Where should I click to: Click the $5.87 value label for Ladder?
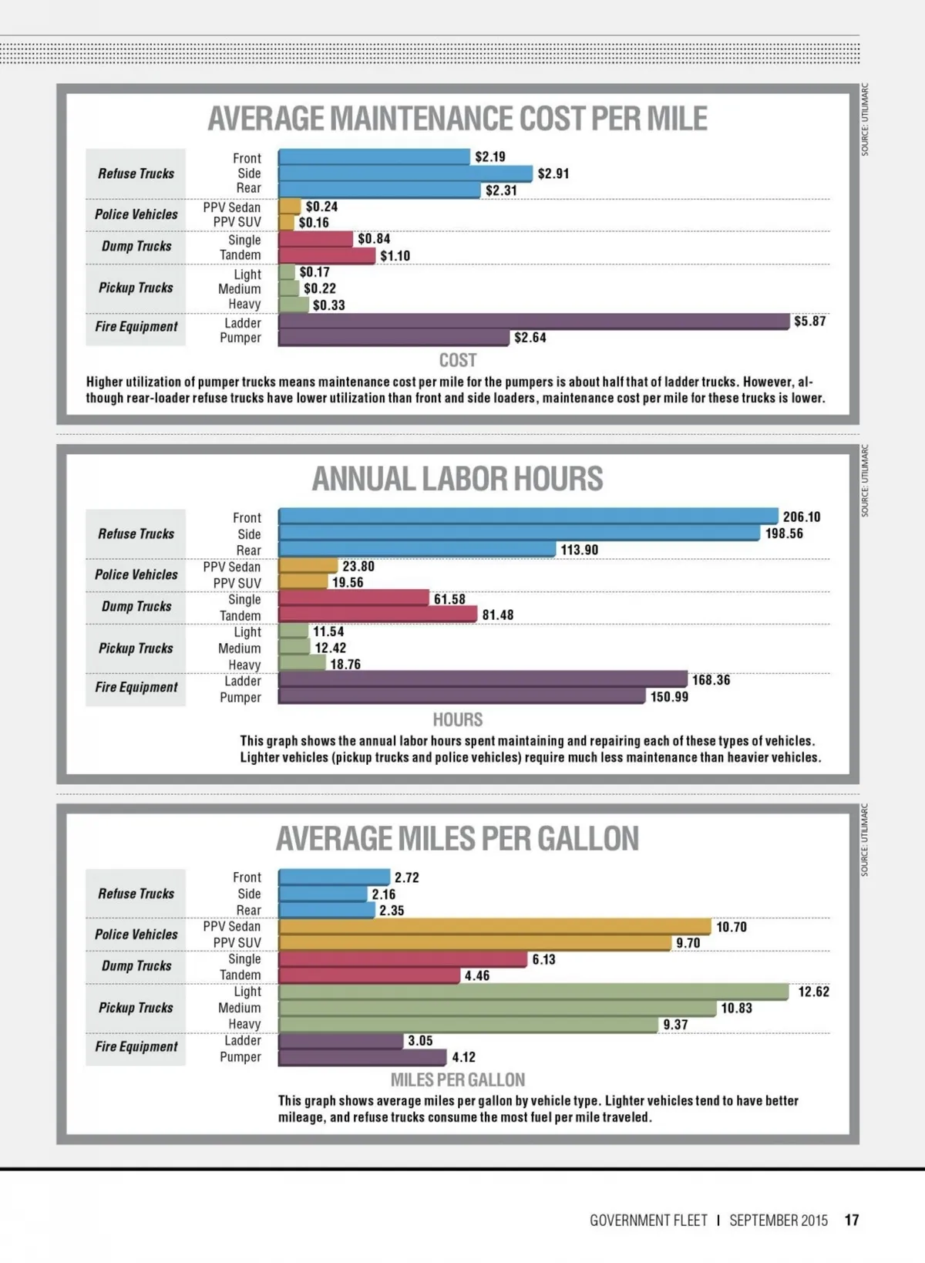coord(809,322)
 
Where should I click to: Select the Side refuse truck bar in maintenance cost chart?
coord(405,173)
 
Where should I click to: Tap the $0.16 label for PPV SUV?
coord(314,223)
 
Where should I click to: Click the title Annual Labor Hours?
coord(457,479)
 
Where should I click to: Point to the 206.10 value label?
coord(802,517)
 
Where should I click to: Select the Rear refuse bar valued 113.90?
coord(416,550)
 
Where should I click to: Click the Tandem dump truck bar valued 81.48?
coord(378,615)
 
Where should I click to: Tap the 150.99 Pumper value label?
coord(669,697)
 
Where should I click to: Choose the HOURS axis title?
coord(457,720)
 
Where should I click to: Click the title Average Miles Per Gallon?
coord(457,839)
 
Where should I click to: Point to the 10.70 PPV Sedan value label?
coord(731,927)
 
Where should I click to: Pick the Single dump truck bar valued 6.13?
coord(402,959)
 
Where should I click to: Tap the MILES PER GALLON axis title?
coord(457,1079)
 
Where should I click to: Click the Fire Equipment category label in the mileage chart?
coord(136,1047)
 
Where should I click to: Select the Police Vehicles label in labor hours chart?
coord(136,574)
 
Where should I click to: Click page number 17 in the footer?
coord(851,1221)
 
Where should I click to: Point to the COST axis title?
coord(457,360)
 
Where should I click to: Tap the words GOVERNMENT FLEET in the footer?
coord(648,1221)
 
